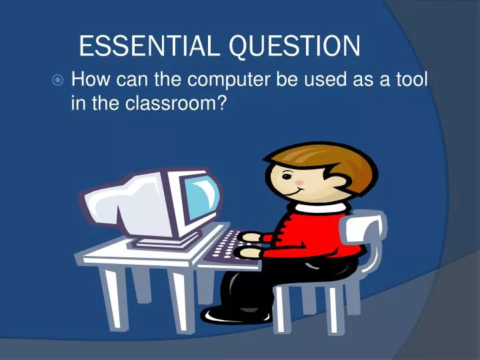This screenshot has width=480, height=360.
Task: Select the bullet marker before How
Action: pos(58,81)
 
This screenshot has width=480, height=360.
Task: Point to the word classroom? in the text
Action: pos(173,103)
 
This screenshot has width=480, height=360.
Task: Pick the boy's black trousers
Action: pos(293,280)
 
